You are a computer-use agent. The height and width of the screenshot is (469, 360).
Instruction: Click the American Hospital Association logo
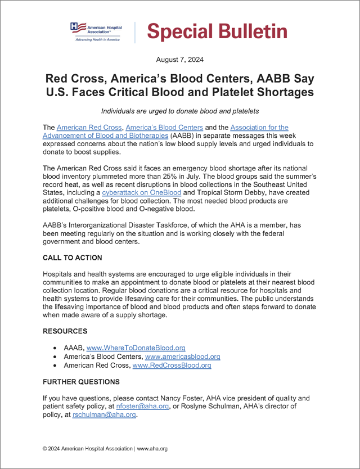(96, 32)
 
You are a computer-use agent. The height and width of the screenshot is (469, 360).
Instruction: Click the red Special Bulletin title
(217, 32)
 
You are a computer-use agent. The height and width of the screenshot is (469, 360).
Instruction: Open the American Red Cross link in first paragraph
(89, 129)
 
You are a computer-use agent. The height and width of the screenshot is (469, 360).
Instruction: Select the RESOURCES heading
(65, 331)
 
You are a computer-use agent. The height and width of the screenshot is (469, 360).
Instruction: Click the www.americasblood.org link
(182, 357)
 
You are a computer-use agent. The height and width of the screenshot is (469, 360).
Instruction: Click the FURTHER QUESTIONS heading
(81, 382)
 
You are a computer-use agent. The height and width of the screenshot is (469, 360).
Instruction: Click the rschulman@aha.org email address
(104, 416)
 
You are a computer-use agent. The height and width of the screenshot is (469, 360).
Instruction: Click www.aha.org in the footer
(152, 449)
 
